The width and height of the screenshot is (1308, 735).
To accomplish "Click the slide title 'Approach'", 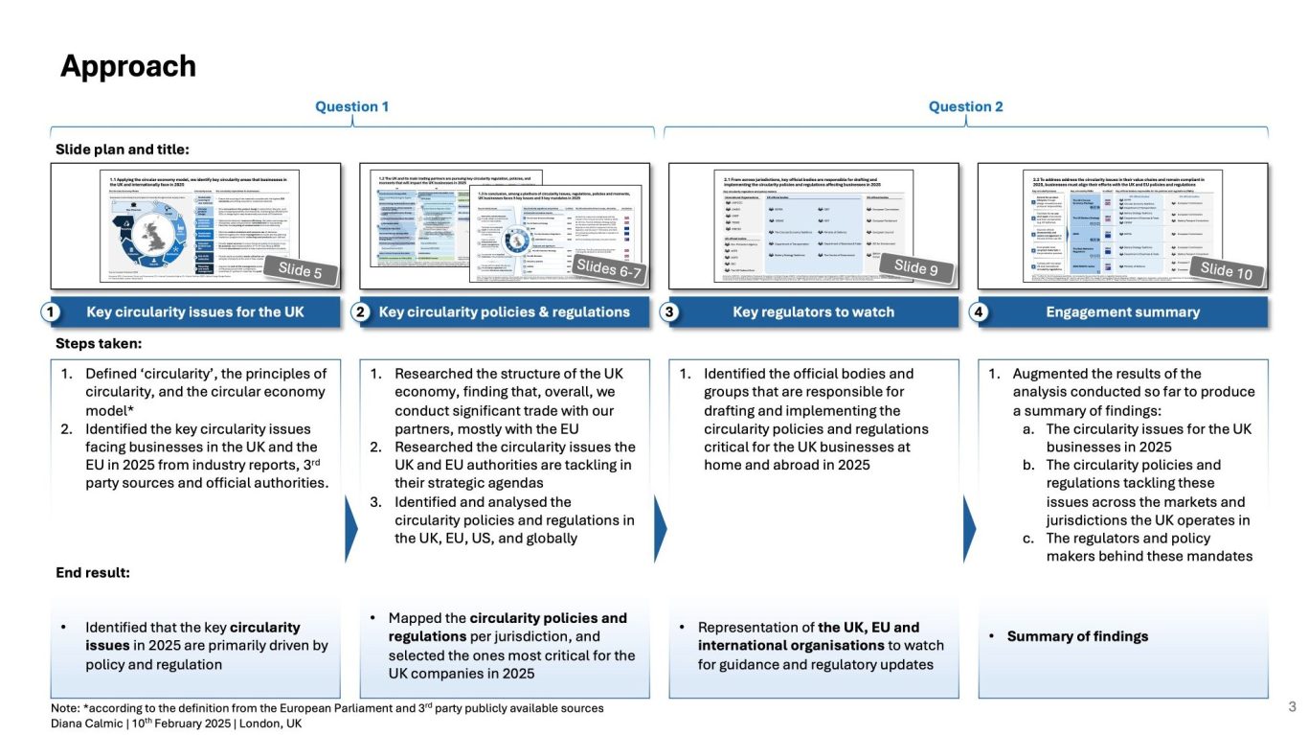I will point(128,66).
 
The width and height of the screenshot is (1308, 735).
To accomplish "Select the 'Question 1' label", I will point(352,106).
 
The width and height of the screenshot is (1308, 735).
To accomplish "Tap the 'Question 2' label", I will point(965,106).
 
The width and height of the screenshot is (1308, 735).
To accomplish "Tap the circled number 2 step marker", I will point(361,312).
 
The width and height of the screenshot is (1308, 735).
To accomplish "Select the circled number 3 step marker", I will point(670,312).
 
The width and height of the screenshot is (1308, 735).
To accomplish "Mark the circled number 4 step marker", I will point(981,312).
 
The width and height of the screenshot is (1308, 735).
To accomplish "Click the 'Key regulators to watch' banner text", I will point(813,312).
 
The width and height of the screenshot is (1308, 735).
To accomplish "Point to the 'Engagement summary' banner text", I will point(1122,312).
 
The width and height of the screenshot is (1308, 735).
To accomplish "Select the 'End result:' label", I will point(93,573).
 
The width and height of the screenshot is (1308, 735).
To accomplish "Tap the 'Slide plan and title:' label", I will point(123,149).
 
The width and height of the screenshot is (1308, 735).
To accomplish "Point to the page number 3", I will point(1292,707).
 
